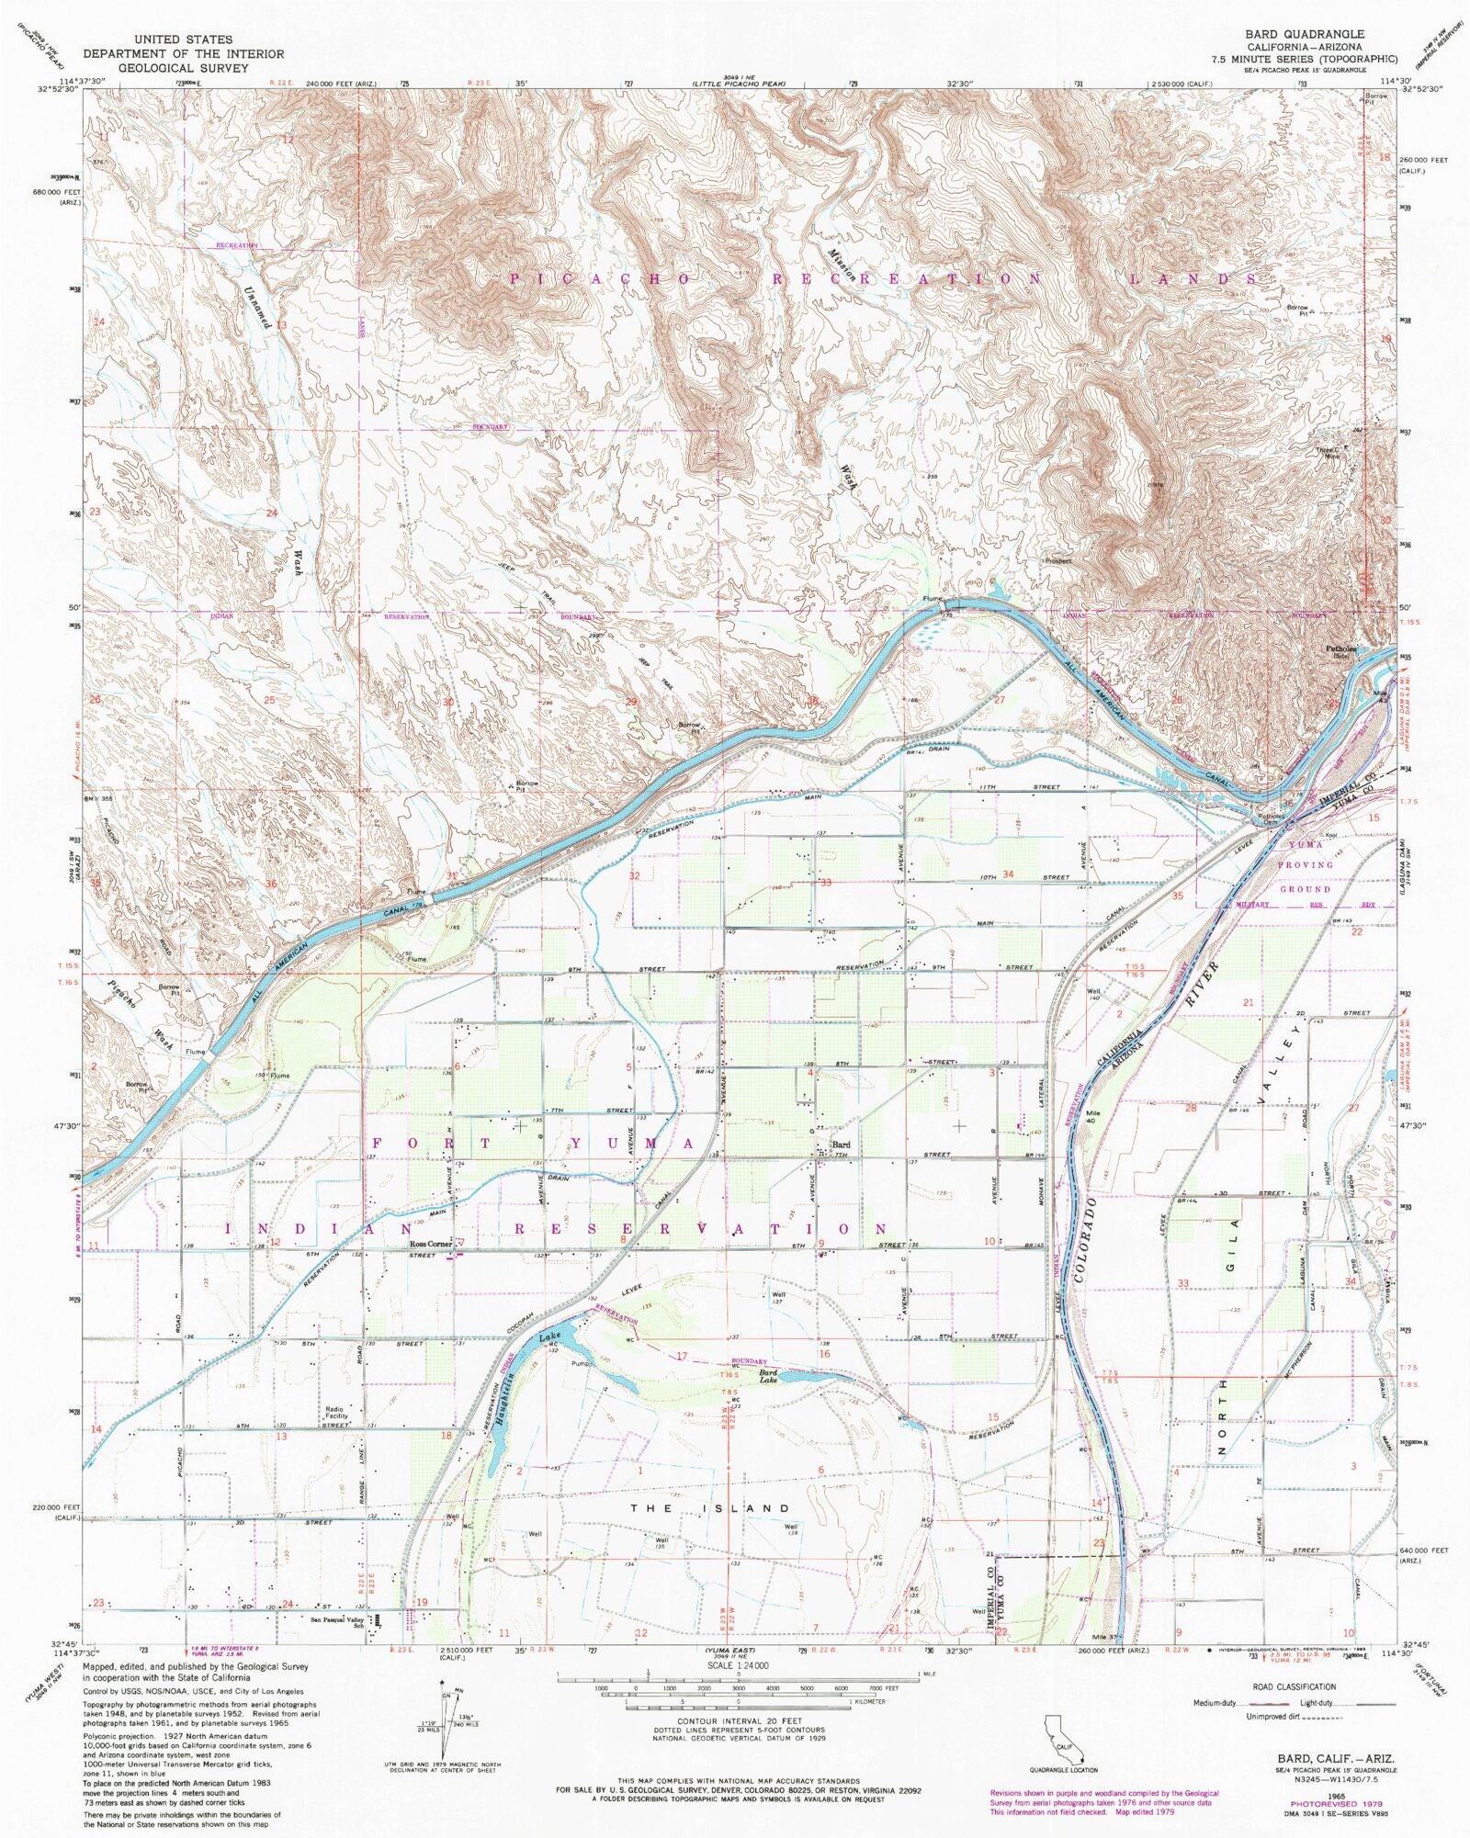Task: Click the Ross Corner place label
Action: (x=429, y=1245)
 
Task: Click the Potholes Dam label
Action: (x=1272, y=818)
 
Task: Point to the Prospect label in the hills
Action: (x=1059, y=560)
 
